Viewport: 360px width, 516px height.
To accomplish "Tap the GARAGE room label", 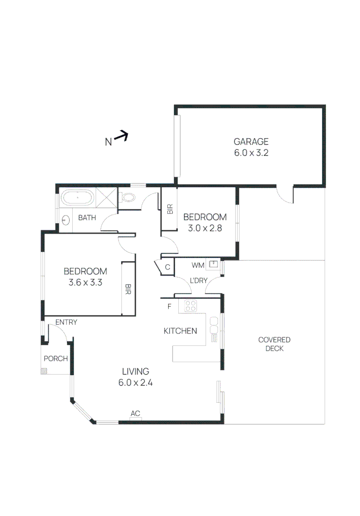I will pyautogui.click(x=251, y=141).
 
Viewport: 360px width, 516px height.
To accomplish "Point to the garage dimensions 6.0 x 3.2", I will pyautogui.click(x=251, y=153).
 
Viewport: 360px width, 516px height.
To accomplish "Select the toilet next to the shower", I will pyautogui.click(x=128, y=197).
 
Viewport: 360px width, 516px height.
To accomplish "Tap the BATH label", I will pyautogui.click(x=87, y=218).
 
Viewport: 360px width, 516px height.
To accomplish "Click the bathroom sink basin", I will pyautogui.click(x=65, y=220).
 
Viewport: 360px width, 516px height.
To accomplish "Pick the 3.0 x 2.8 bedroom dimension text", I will pyautogui.click(x=205, y=228).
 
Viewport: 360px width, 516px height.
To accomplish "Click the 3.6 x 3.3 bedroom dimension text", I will pyautogui.click(x=85, y=282).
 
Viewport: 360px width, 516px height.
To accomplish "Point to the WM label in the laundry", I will pyautogui.click(x=198, y=264).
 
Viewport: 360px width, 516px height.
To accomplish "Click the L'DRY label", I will pyautogui.click(x=198, y=280).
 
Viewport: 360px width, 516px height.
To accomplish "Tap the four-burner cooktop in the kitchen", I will pyautogui.click(x=191, y=305).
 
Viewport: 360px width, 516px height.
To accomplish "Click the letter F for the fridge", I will pyautogui.click(x=169, y=306).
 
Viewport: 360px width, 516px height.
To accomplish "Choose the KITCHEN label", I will pyautogui.click(x=180, y=331).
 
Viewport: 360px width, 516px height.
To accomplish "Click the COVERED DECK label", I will pyautogui.click(x=274, y=344).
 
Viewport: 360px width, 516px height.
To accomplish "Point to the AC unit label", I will pyautogui.click(x=136, y=414).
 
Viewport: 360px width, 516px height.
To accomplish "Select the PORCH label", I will pyautogui.click(x=56, y=359).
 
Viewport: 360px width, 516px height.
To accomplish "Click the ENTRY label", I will pyautogui.click(x=66, y=322).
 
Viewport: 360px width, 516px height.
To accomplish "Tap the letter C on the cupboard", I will pyautogui.click(x=168, y=267).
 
